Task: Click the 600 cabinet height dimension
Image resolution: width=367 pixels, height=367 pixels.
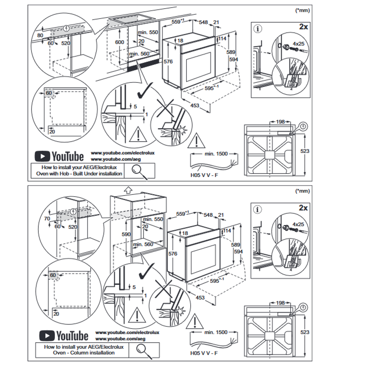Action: point(119,42)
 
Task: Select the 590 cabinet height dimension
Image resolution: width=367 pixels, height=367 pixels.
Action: point(126,234)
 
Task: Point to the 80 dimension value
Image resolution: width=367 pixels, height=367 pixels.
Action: point(40,36)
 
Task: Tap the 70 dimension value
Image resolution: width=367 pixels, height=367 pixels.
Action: point(47,218)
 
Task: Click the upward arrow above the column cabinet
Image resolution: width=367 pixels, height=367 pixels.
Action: point(128,190)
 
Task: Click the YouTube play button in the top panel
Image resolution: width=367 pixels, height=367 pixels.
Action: point(42,156)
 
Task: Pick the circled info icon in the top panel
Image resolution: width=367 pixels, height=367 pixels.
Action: point(258,29)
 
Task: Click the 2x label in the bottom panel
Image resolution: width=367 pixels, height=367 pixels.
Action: point(303,208)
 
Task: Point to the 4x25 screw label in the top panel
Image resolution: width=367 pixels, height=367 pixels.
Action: point(298,43)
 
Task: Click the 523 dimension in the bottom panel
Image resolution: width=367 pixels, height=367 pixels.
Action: point(305,332)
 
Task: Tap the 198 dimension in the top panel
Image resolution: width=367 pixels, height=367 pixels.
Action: point(280,122)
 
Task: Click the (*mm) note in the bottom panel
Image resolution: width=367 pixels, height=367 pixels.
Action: point(302,191)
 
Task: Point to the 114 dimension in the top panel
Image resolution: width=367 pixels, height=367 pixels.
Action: point(222,38)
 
